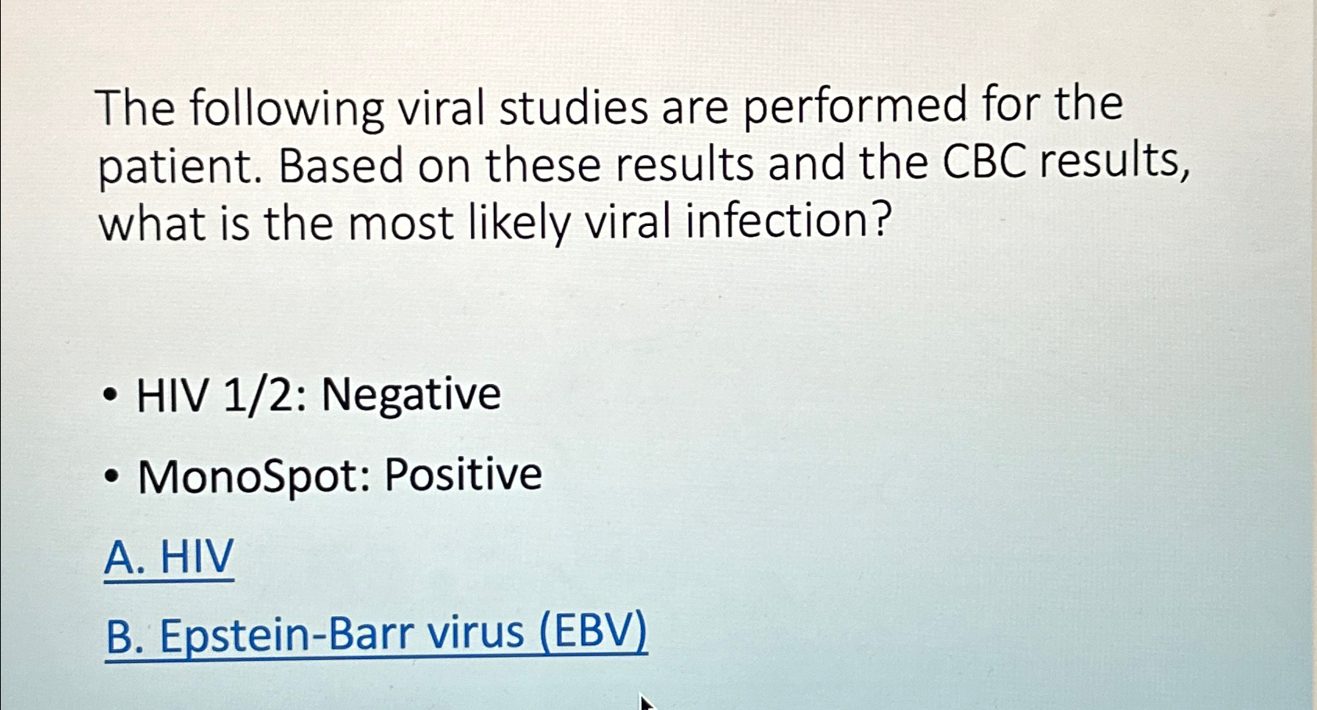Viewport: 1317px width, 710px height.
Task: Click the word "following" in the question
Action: click(286, 109)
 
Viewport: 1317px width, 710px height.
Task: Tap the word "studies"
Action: click(574, 107)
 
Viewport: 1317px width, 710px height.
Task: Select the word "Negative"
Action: click(411, 393)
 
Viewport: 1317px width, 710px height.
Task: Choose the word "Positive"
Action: click(463, 475)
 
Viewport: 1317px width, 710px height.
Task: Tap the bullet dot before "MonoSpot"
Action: click(113, 476)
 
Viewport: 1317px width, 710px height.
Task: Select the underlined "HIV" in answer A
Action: click(197, 557)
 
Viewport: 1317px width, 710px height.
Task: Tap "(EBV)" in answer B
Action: click(594, 631)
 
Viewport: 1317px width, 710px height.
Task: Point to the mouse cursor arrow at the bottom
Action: click(645, 701)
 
